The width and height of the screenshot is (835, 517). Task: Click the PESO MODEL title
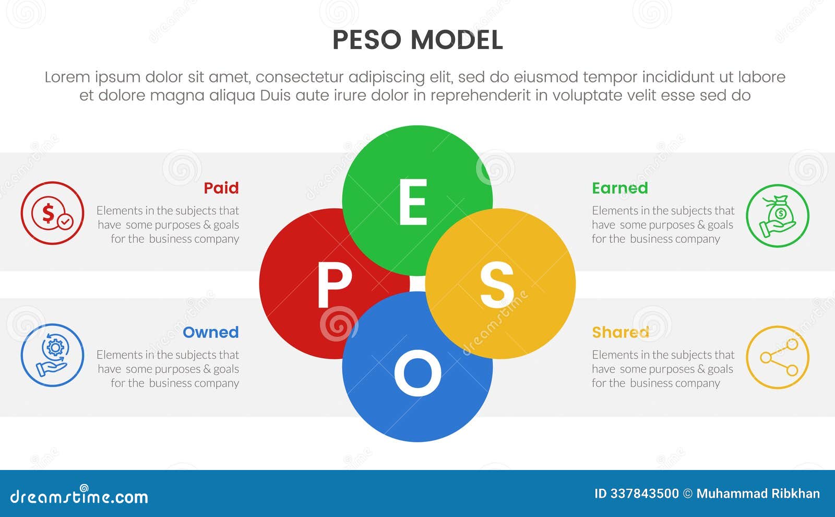click(x=417, y=40)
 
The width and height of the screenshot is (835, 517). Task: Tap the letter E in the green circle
click(x=413, y=202)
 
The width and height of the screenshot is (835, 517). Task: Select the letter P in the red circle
click(x=335, y=285)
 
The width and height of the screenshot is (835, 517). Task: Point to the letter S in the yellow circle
click(x=496, y=285)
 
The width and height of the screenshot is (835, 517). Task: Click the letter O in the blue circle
click(x=417, y=372)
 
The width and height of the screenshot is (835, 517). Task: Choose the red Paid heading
click(x=221, y=188)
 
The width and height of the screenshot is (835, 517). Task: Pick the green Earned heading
click(x=620, y=188)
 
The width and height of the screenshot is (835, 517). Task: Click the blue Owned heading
click(x=211, y=332)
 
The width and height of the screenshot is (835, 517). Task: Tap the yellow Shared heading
click(x=621, y=332)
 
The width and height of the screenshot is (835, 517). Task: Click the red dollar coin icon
click(x=52, y=213)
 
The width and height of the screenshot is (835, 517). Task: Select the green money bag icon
click(x=778, y=216)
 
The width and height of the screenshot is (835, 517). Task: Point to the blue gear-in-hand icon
click(x=52, y=356)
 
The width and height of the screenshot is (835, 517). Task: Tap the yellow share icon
click(x=778, y=358)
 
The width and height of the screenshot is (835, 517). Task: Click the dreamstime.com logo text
click(x=79, y=496)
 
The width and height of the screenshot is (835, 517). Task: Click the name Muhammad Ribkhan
click(x=758, y=494)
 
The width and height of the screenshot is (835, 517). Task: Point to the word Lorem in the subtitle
click(x=67, y=77)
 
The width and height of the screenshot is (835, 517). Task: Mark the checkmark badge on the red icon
click(x=65, y=222)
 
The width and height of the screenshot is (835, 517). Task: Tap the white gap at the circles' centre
click(x=417, y=284)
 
